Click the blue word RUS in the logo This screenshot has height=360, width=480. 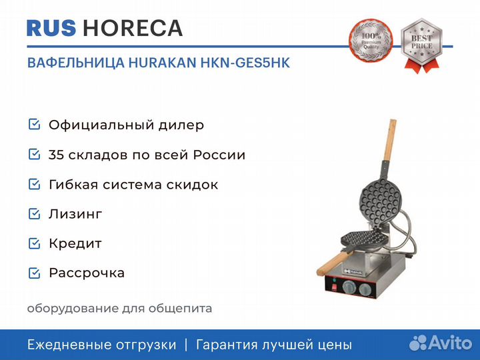(x=51, y=28)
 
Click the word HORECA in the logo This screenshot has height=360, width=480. (x=133, y=28)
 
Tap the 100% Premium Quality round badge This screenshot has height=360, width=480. (x=371, y=41)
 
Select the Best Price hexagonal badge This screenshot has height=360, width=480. (x=421, y=45)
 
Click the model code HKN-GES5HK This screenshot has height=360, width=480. (x=245, y=63)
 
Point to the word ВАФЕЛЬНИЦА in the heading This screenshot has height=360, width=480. (x=76, y=63)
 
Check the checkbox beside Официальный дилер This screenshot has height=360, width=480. (x=34, y=124)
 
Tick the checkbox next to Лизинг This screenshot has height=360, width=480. (x=34, y=214)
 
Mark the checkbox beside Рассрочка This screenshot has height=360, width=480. (x=34, y=273)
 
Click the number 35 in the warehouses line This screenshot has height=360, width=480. (x=56, y=155)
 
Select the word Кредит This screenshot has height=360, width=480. (x=75, y=244)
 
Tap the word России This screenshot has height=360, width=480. (x=219, y=155)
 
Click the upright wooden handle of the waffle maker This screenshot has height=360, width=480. (x=390, y=139)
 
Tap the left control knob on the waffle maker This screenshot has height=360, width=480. (x=349, y=287)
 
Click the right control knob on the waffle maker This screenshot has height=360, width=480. (x=365, y=289)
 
